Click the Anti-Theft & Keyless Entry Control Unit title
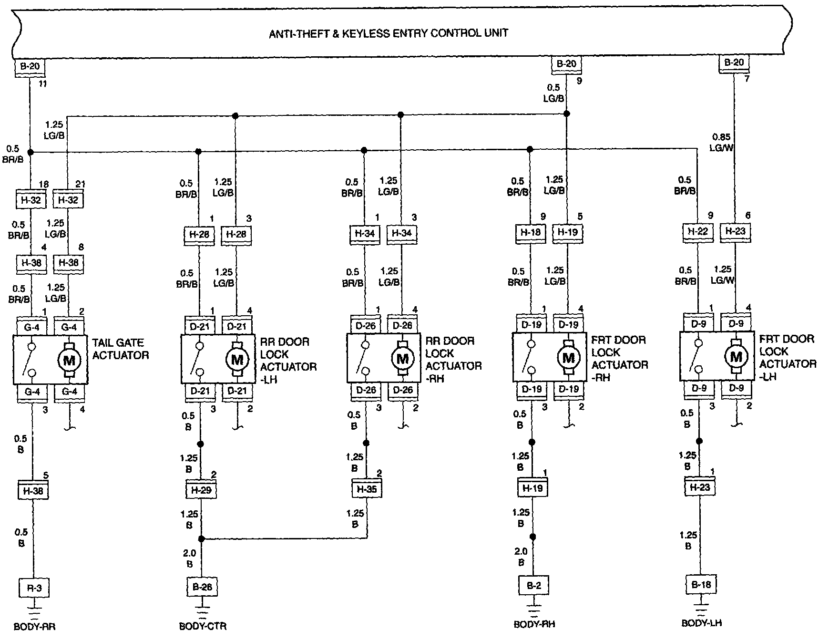tap(389, 33)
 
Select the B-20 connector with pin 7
tap(734, 62)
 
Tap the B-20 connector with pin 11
tap(30, 65)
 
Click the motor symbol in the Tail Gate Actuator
tap(69, 360)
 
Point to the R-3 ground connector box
tap(33, 588)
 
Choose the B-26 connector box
tap(202, 587)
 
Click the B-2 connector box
tap(533, 586)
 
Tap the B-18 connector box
tap(701, 585)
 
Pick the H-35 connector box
tap(368, 489)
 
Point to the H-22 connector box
tap(697, 231)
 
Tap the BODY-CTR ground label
tap(203, 626)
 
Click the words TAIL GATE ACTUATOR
tap(120, 349)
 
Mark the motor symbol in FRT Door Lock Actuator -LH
tap(736, 357)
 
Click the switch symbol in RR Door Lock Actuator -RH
tap(364, 358)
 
